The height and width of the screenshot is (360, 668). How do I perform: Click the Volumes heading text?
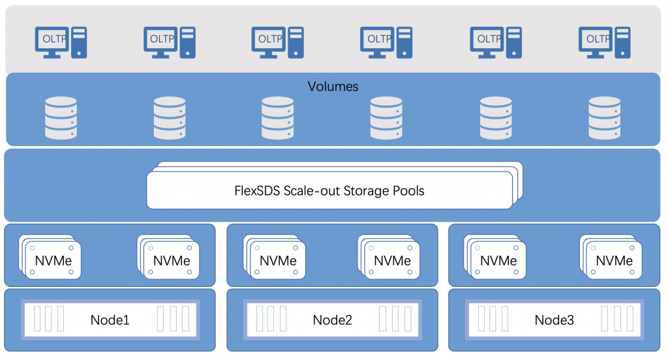pos(333,87)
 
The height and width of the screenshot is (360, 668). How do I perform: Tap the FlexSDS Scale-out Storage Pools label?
pos(329,190)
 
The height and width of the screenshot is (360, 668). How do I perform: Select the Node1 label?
pos(110,320)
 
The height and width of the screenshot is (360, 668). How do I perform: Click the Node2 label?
pos(332,320)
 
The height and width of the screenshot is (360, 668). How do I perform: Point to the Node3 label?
pos(554,320)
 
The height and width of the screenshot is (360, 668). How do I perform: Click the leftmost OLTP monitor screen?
pos(52,39)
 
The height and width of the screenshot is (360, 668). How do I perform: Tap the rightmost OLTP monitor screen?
pos(595,39)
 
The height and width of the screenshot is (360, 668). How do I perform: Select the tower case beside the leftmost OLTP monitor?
pos(79,42)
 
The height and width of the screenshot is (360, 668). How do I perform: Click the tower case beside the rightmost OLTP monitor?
pos(622,42)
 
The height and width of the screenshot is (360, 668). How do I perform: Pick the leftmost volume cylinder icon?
pos(61,118)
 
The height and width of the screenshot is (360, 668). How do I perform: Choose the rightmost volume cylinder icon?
pos(604,118)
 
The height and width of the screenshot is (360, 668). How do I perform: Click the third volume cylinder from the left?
pos(277,118)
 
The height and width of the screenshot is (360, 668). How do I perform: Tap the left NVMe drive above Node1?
pos(50,257)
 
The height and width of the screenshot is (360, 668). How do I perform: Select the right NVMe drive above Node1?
pos(168,257)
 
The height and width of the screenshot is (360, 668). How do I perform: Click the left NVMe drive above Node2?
pos(275,257)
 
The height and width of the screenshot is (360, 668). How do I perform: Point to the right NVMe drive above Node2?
pos(389,257)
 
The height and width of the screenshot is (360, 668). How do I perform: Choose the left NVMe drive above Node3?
pos(494,257)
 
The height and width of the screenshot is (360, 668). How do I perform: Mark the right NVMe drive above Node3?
pos(611,257)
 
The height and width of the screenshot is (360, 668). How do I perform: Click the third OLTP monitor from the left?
pos(268,39)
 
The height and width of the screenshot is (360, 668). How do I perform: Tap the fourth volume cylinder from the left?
pos(386,118)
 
